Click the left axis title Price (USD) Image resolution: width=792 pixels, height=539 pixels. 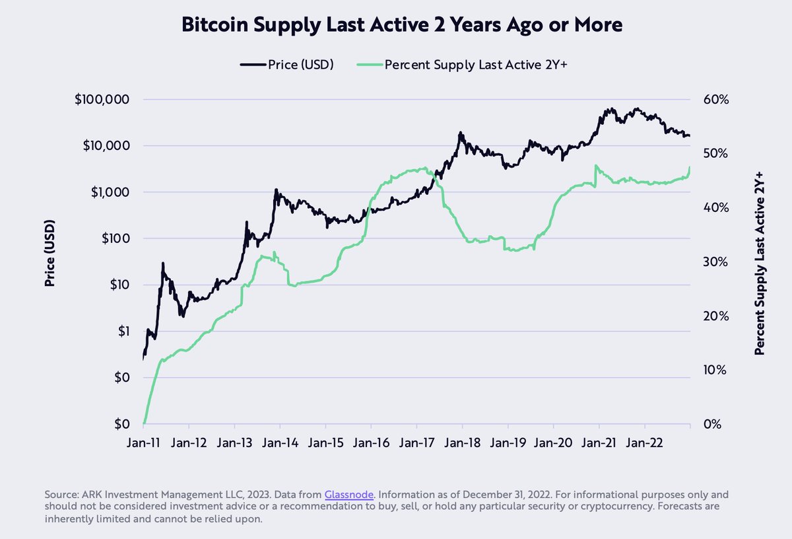point(49,253)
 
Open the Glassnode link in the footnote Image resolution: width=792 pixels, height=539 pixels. point(349,495)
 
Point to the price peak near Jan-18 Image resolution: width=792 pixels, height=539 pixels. point(461,133)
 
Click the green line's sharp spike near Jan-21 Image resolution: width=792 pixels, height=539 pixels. point(596,166)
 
